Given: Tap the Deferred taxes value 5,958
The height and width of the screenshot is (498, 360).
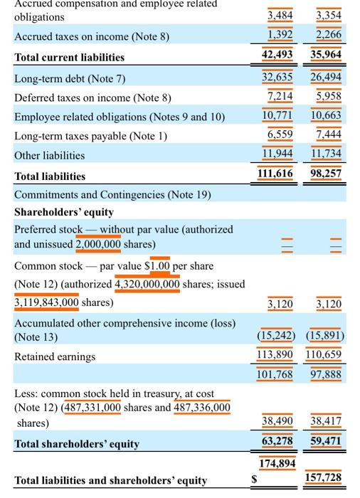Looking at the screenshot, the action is point(327,96).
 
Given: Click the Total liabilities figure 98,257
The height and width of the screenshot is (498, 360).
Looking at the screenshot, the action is point(326,174).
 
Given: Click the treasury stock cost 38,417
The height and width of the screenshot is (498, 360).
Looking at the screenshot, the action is point(326,421).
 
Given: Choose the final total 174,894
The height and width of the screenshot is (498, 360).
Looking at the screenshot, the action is point(277,464).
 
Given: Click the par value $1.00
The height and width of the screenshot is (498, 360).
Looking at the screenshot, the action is point(159,265).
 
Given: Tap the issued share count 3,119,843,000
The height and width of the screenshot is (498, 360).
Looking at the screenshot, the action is point(46,302).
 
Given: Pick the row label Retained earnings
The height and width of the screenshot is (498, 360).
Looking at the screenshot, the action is point(54,356).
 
